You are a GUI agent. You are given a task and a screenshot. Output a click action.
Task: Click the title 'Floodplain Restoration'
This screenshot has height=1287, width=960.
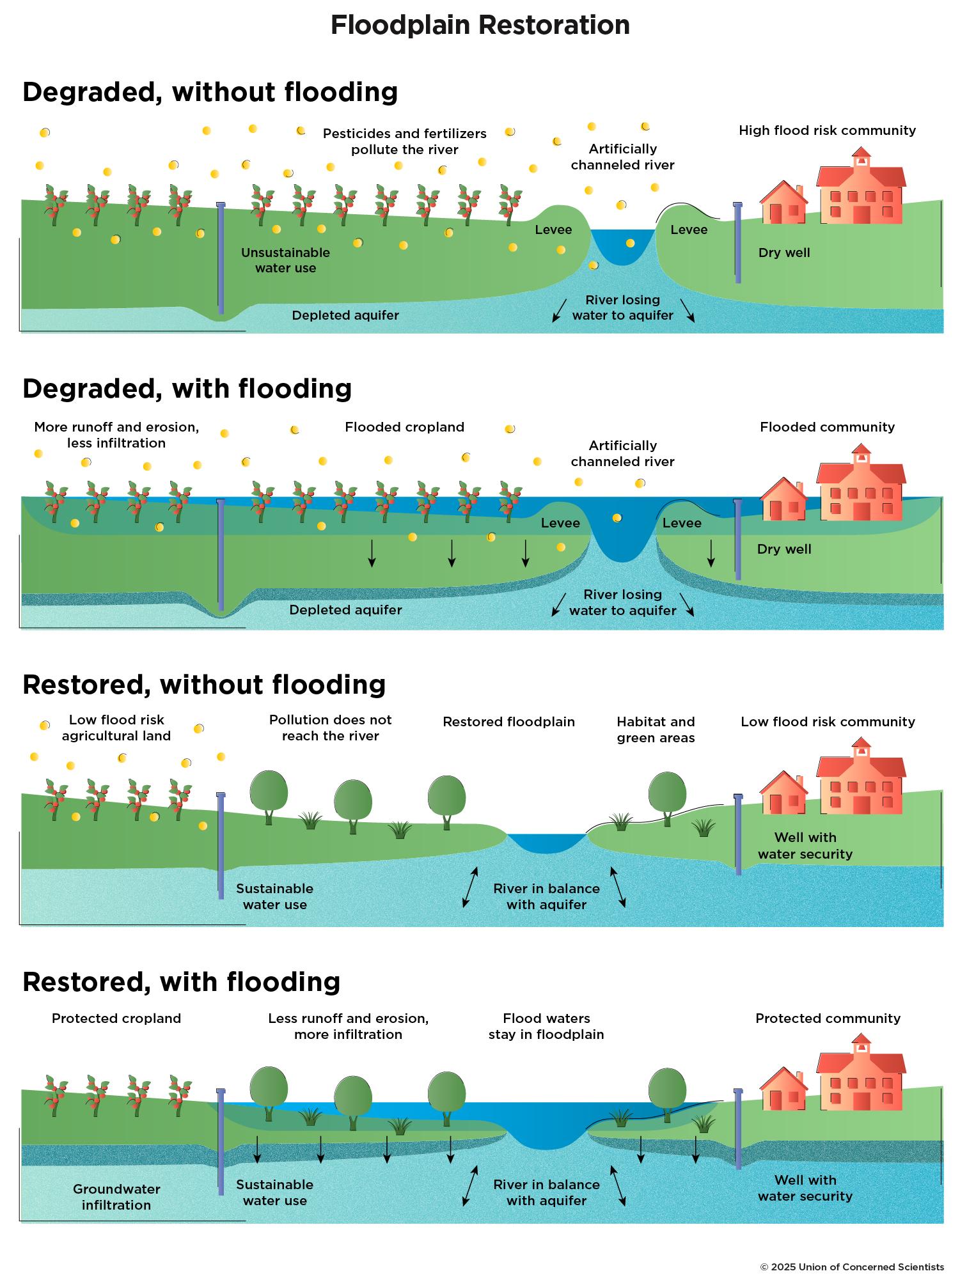tap(480, 26)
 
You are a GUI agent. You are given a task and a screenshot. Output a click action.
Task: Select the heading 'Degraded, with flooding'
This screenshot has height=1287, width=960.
tap(187, 389)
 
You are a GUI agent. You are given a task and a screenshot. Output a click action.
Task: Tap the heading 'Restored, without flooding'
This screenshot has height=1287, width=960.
tap(204, 685)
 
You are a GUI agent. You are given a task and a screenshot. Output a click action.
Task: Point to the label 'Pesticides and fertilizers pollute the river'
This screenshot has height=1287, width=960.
tap(404, 141)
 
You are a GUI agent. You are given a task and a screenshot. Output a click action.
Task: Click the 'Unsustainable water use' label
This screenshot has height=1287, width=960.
tap(285, 260)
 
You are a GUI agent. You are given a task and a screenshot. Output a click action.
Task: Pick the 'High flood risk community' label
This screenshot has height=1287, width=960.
tap(827, 130)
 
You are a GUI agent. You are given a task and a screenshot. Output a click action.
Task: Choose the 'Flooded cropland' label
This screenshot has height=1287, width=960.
tap(404, 427)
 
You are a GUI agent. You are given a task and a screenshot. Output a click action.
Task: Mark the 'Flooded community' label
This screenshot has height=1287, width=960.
tap(827, 427)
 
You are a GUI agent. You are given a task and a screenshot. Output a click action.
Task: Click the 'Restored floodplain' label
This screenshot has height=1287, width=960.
tap(508, 722)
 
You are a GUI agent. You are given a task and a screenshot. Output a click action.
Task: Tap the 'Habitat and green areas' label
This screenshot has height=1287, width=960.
tap(656, 729)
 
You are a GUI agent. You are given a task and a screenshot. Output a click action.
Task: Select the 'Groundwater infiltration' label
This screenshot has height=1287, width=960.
tap(116, 1197)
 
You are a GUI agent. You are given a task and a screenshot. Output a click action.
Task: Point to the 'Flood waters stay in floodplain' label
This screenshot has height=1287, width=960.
tap(546, 1026)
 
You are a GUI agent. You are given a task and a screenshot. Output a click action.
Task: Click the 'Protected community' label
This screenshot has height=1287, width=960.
tap(828, 1018)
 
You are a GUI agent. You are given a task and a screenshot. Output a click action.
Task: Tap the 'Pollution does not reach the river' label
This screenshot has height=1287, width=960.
tap(330, 728)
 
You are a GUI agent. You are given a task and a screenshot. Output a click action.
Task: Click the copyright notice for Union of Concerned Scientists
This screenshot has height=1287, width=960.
tap(851, 1267)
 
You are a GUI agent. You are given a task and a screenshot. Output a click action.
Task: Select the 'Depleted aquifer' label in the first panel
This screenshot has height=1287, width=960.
tap(345, 315)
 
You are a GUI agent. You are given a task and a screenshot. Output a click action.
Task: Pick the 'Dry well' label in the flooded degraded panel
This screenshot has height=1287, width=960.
tap(784, 549)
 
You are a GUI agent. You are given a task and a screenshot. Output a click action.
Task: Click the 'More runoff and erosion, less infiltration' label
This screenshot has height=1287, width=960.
tap(116, 435)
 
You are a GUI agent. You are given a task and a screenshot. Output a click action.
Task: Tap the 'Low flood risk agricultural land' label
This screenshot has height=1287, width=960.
tap(116, 728)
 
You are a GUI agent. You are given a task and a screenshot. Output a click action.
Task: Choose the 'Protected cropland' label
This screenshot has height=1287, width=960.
tap(116, 1018)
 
